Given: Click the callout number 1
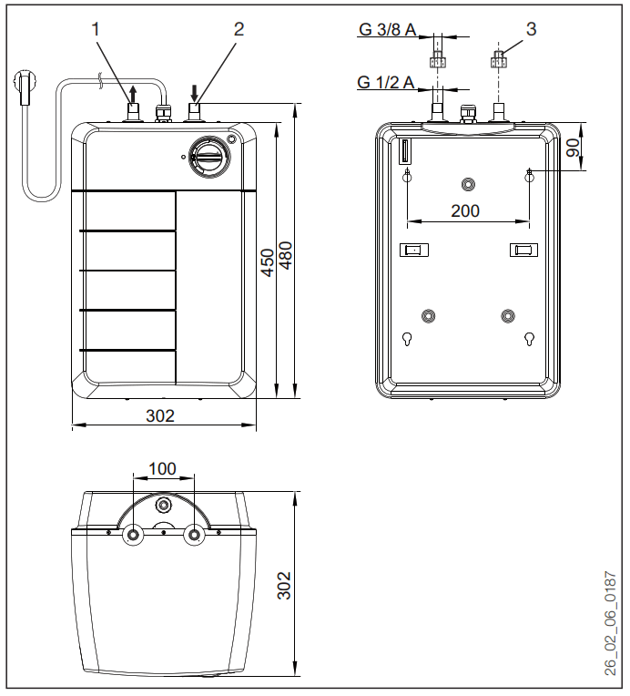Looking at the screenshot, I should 97,28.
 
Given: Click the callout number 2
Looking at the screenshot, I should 239,28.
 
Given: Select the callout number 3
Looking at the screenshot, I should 531,28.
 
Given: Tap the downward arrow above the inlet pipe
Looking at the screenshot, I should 194,93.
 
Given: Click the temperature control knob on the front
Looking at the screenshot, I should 208,157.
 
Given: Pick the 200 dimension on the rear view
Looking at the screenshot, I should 466,210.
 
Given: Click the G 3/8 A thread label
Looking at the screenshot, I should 388,30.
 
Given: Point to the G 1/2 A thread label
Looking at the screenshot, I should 387,83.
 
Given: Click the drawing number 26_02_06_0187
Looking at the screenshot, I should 611,623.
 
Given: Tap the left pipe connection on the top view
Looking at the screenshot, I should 134,535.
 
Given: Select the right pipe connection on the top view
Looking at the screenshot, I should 194,535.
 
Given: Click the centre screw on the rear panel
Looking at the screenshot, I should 468,183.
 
